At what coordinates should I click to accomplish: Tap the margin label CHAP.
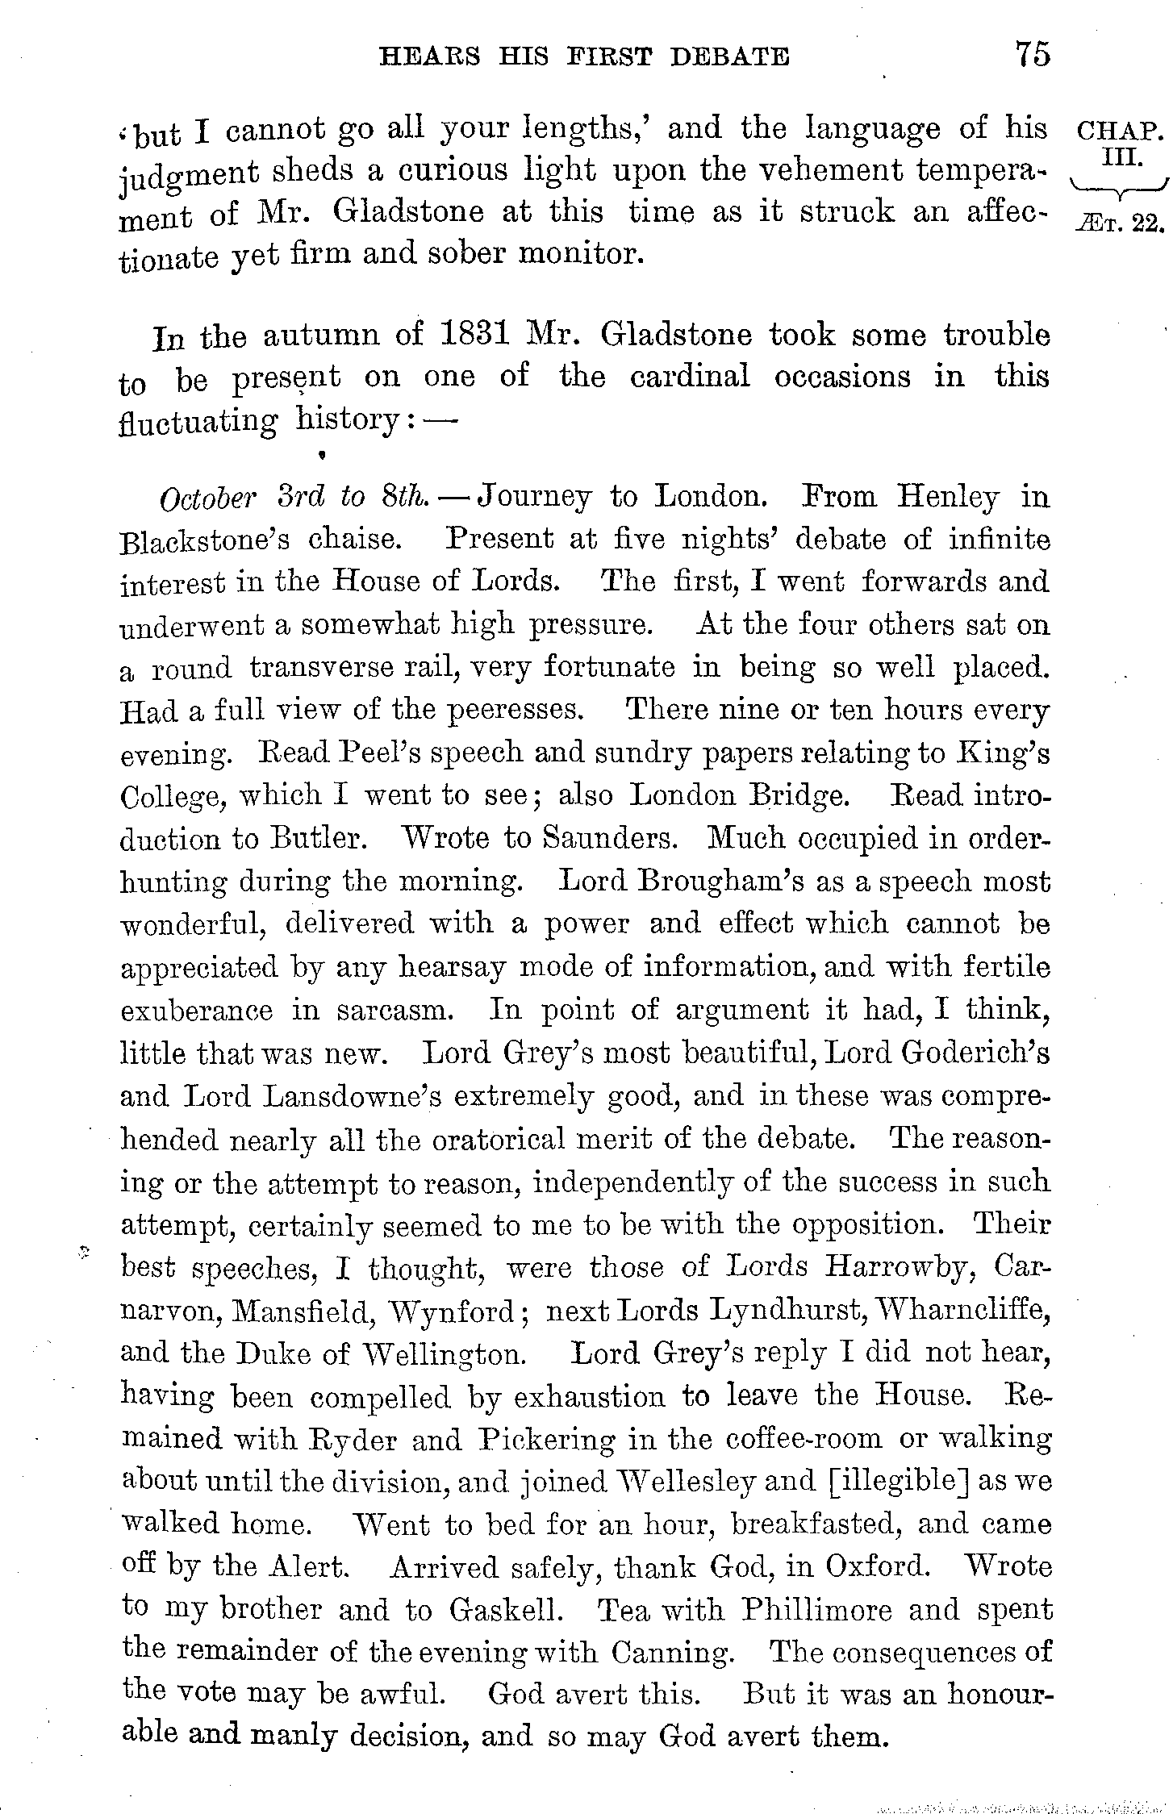coord(1121,131)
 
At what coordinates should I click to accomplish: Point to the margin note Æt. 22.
coord(1121,222)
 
